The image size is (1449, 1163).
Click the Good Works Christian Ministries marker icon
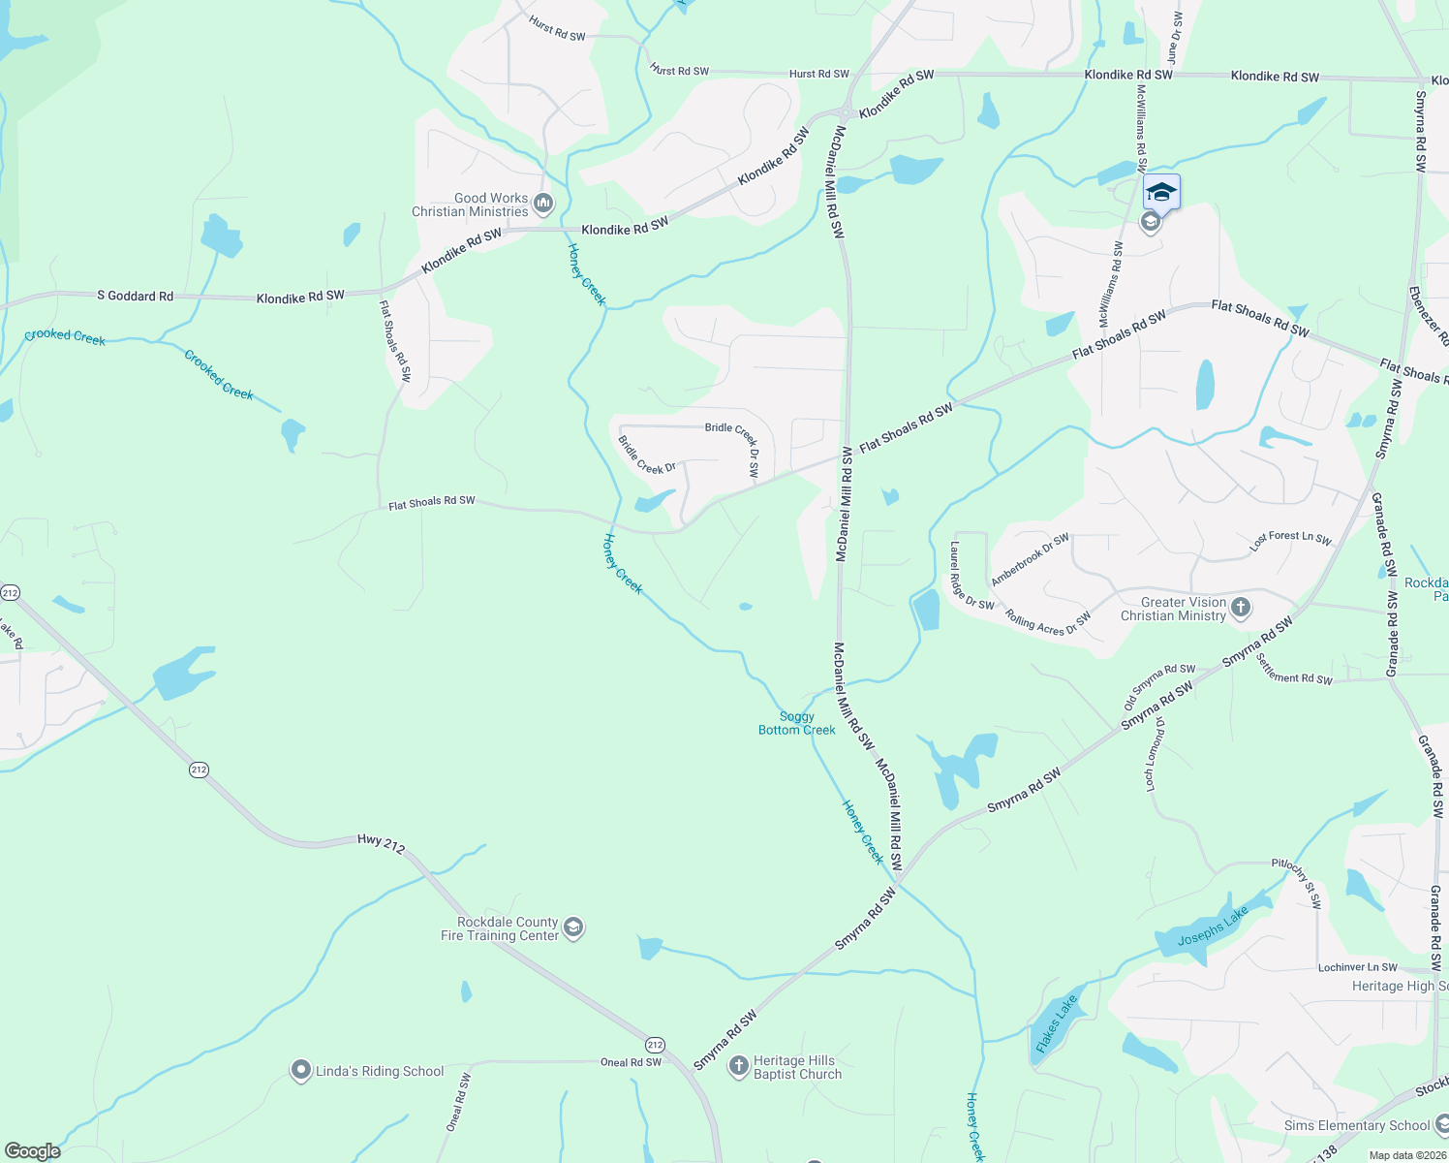(543, 204)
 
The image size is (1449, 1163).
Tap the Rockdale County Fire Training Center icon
(573, 928)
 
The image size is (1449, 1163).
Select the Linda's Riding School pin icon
(300, 1071)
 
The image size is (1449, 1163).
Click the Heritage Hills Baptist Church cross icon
(738, 1067)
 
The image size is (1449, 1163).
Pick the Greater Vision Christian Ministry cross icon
(1241, 609)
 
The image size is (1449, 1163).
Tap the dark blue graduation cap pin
(1161, 192)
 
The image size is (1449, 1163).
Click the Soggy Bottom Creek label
(796, 723)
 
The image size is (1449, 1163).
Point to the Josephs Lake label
(1213, 927)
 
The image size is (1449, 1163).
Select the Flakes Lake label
(1056, 1024)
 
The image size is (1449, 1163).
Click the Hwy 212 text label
(381, 843)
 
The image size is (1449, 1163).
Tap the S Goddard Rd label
(135, 296)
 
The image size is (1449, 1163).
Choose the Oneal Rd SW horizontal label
(631, 1062)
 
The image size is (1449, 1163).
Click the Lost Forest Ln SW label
(1290, 541)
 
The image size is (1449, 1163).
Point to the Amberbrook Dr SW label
(1030, 559)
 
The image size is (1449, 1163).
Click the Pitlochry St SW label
(1296, 883)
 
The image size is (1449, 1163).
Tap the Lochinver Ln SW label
(1357, 967)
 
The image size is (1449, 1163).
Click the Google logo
(32, 1151)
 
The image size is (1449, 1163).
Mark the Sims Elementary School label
(1356, 1125)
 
